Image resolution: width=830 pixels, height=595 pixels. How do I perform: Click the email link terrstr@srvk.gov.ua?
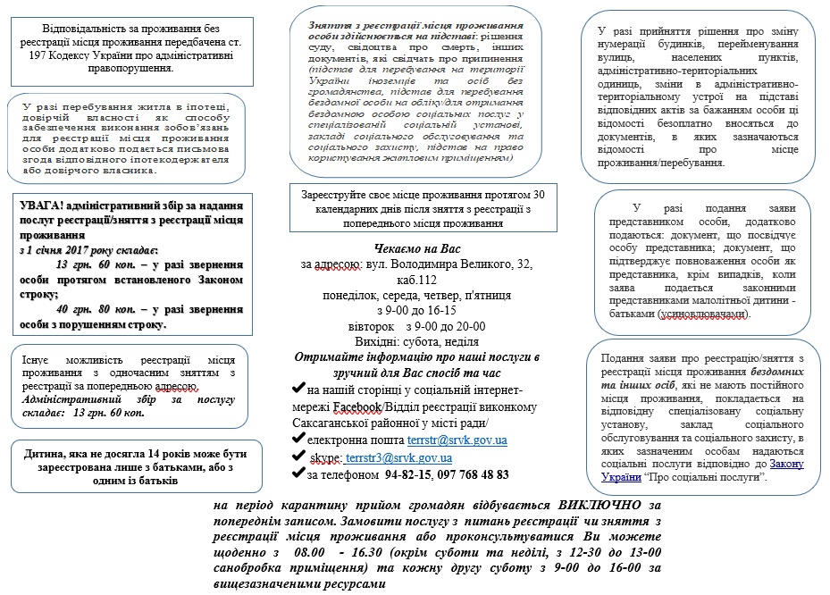[x=457, y=440]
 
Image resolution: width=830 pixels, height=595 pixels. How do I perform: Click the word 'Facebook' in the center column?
[x=357, y=406]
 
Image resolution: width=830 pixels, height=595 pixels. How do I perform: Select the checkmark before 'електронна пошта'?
[x=298, y=440]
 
